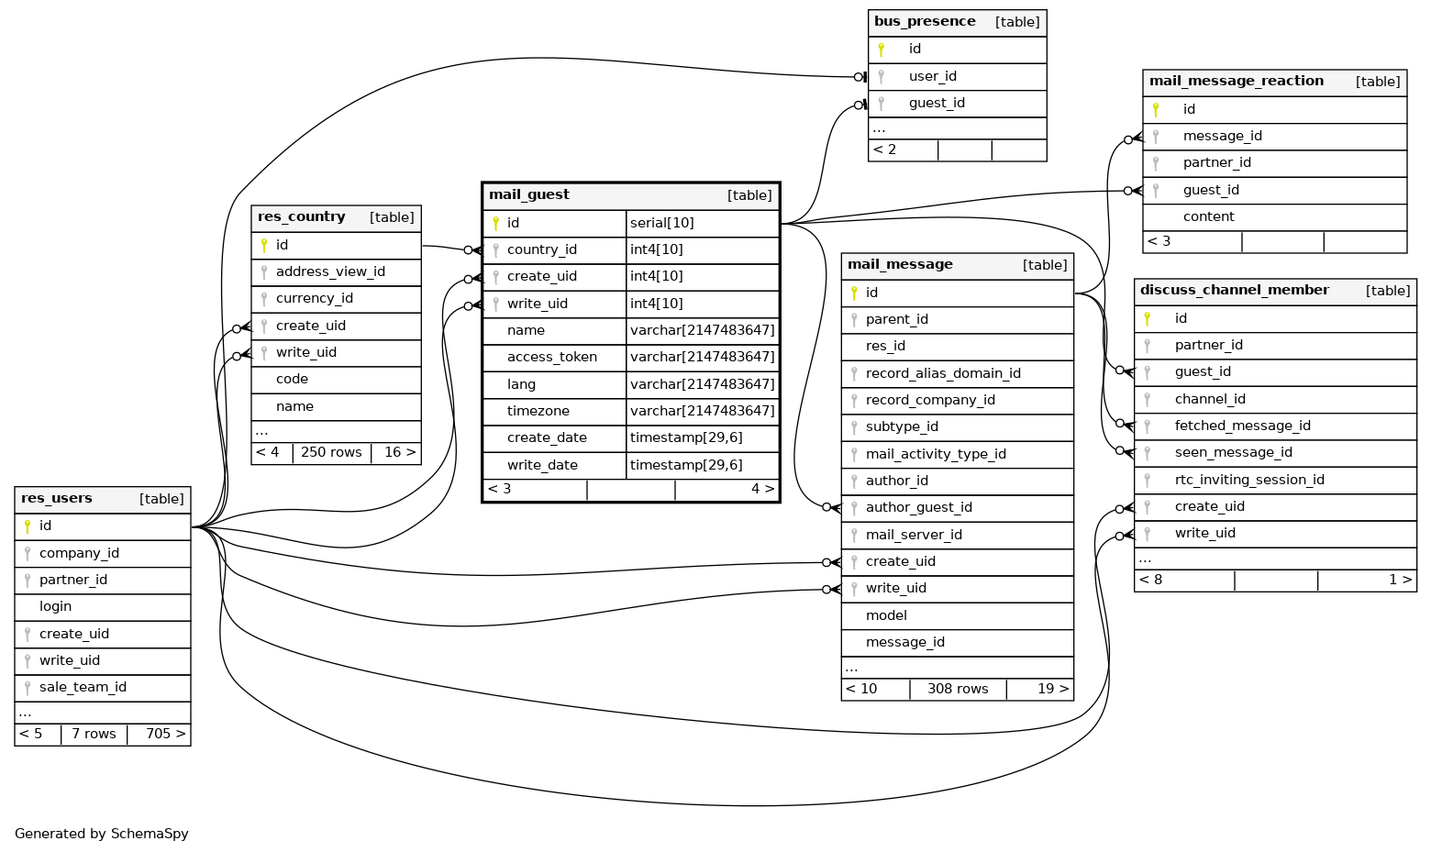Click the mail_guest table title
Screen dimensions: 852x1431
pyautogui.click(x=529, y=195)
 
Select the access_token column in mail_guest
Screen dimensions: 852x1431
pyautogui.click(x=551, y=358)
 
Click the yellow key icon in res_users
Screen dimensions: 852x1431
pyautogui.click(x=28, y=526)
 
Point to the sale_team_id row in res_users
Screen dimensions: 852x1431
pyautogui.click(x=83, y=688)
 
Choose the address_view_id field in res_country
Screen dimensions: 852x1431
pyautogui.click(x=330, y=272)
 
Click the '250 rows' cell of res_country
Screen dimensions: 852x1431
pyautogui.click(x=331, y=452)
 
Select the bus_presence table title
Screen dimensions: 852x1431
pyautogui.click(x=925, y=22)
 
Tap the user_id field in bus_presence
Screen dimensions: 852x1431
pyautogui.click(x=932, y=77)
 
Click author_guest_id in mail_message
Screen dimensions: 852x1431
pyautogui.click(x=918, y=508)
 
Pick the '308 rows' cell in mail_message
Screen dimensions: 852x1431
pyautogui.click(x=958, y=689)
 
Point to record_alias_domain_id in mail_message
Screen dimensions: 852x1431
pyautogui.click(x=943, y=373)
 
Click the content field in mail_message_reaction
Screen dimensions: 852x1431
pyautogui.click(x=1208, y=217)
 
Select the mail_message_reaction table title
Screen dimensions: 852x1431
pyautogui.click(x=1236, y=82)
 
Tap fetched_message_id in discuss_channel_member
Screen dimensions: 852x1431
pyautogui.click(x=1242, y=426)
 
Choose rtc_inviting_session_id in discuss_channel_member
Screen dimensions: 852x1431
pyautogui.click(x=1248, y=481)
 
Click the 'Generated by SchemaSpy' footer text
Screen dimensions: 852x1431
pyautogui.click(x=102, y=834)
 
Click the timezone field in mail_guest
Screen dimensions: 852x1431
pyautogui.click(x=538, y=412)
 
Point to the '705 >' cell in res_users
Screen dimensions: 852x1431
pyautogui.click(x=165, y=734)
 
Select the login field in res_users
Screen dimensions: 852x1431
pyautogui.click(x=55, y=607)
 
